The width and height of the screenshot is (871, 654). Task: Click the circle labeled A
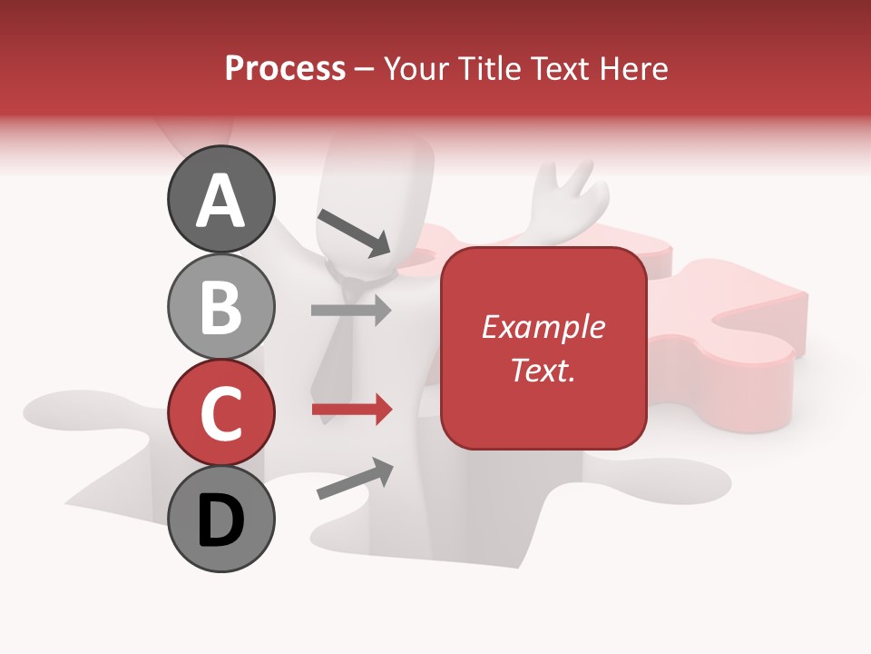coord(220,199)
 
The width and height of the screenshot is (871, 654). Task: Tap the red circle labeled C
coord(220,411)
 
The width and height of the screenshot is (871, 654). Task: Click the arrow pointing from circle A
coord(354,232)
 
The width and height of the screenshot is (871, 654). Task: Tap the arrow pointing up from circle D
coord(355,479)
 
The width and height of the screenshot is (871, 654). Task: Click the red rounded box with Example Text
coord(543,348)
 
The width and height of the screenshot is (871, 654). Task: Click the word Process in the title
coord(285,69)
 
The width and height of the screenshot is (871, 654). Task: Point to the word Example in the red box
coord(543,327)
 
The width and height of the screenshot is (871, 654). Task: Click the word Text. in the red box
coord(543,370)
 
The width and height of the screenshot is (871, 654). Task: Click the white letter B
coord(220,306)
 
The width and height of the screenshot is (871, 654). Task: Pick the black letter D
coord(220,520)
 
